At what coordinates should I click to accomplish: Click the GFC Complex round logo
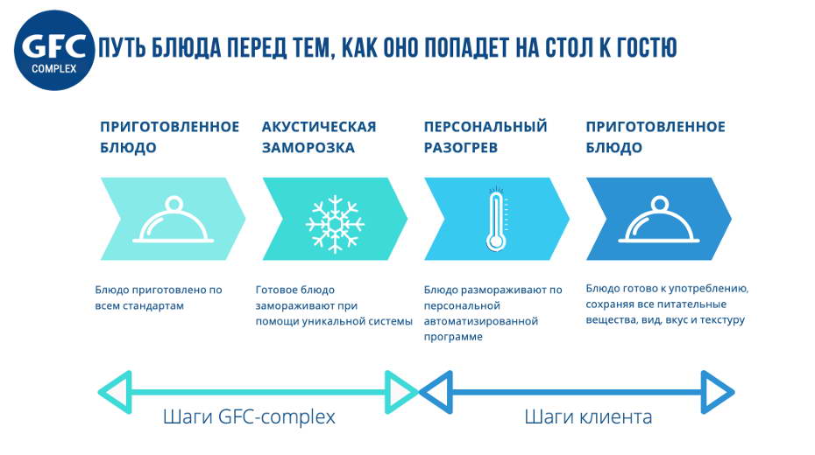point(54,51)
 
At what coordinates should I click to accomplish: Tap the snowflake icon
point(335,224)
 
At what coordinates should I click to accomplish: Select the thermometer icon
point(496,219)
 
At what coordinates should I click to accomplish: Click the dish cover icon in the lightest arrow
point(174,220)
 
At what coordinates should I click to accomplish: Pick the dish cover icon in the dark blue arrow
point(659,220)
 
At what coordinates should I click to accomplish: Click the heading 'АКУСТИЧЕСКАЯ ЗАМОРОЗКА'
point(319,137)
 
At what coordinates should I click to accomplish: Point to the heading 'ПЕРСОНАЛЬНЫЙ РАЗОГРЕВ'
point(485,137)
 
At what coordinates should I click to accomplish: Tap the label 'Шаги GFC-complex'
point(249,416)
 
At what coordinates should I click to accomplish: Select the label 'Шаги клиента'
point(588,416)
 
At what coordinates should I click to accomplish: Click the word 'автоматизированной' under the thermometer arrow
point(481,322)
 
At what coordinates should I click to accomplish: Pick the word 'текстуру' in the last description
point(722,320)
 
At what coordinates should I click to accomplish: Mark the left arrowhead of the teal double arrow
point(115,392)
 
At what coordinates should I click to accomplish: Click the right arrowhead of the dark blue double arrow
point(717,392)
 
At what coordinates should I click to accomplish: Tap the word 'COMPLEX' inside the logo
point(54,68)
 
